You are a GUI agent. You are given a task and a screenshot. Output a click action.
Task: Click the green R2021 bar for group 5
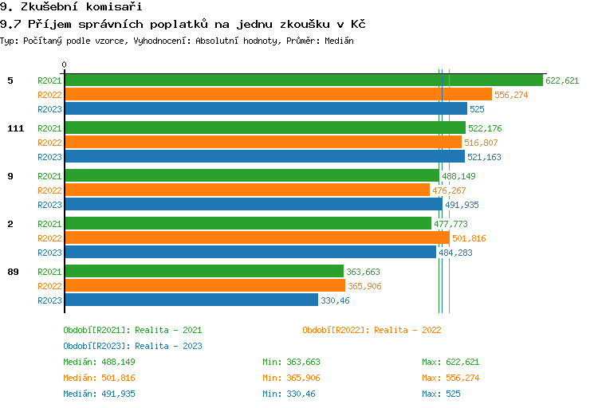pos(303,80)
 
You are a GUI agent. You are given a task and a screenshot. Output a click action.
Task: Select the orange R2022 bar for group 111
pos(262,143)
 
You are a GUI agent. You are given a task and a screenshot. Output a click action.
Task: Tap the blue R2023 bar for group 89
pos(191,300)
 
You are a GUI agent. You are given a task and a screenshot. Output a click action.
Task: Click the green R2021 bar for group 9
pos(251,176)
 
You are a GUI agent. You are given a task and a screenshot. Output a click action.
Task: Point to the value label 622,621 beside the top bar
pos(562,80)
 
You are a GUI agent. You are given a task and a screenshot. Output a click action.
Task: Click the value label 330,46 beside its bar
pos(335,300)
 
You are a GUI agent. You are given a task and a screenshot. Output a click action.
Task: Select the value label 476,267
pos(449,190)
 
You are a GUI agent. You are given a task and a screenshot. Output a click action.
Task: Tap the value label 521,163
pos(484,157)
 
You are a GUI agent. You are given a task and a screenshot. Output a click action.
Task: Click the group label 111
pos(15,128)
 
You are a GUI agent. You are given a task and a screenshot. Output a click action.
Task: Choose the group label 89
pos(13,272)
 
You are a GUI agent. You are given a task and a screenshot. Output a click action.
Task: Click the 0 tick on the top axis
pos(65,65)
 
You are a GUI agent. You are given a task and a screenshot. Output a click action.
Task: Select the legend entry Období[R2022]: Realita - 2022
pos(372,330)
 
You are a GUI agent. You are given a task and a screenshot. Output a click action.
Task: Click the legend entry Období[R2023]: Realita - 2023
pos(132,346)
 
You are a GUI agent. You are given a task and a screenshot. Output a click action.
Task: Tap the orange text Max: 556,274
pos(450,378)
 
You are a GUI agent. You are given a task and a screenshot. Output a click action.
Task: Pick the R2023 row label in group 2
pos(49,253)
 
